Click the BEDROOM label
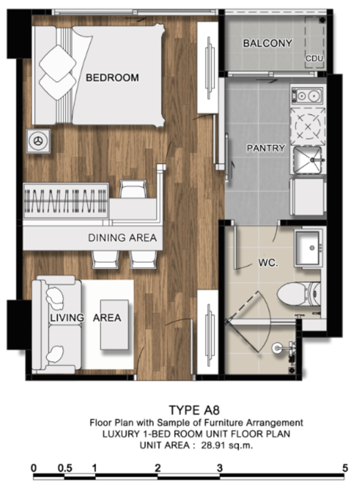pos(112,77)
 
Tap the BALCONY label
pos(268,43)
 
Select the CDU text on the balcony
pos(314,58)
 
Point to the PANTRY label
pos(266,148)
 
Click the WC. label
pos(268,263)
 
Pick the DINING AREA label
pos(122,238)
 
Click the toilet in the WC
pos(299,294)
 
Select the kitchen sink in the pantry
pos(308,160)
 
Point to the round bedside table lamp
pos(38,141)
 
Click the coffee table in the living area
pos(115,324)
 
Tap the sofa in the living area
pos(57,324)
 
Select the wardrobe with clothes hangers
pos(66,201)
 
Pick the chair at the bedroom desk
pos(133,189)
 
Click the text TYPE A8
pos(194,410)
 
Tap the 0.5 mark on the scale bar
pos(65,468)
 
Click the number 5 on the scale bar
pos(345,468)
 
